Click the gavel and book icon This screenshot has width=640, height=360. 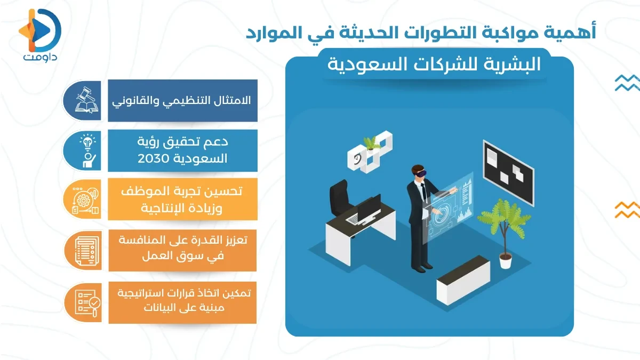point(85,100)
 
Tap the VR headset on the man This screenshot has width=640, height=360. point(419,172)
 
